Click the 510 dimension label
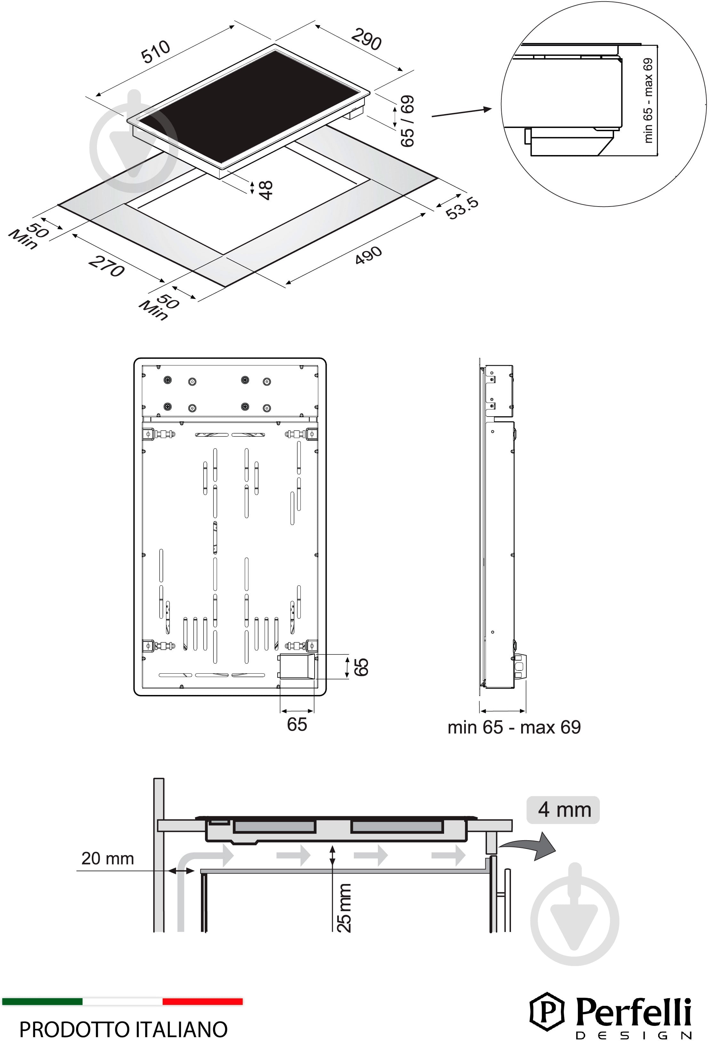(x=155, y=51)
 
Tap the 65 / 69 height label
(x=407, y=121)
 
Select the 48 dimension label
(x=266, y=190)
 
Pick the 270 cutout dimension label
(x=107, y=266)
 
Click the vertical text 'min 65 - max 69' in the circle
(x=648, y=100)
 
